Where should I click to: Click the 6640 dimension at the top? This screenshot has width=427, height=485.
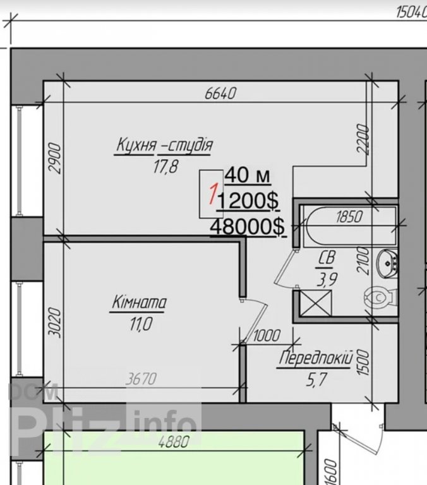220,93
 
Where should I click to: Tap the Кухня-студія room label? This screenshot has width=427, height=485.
164,145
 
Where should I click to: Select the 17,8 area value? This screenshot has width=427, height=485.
166,167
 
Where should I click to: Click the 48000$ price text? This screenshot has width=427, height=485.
248,227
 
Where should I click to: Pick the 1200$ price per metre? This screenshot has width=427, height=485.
248,201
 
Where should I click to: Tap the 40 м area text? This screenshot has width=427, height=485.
248,176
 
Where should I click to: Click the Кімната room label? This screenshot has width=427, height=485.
139,302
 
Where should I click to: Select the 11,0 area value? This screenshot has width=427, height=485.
141,324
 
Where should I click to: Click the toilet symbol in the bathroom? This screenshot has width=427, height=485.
380,297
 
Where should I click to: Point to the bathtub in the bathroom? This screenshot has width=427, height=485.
349,226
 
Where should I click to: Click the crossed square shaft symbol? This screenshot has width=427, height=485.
316,303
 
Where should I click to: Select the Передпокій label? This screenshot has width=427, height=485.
316,359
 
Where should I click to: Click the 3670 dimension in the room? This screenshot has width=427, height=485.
141,379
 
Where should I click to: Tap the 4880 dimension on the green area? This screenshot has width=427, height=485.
173,442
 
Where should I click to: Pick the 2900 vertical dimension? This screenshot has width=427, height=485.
55,158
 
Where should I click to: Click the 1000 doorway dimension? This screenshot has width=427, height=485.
267,335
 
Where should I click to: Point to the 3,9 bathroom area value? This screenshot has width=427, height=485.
327,280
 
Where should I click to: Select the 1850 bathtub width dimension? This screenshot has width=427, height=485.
349,217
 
